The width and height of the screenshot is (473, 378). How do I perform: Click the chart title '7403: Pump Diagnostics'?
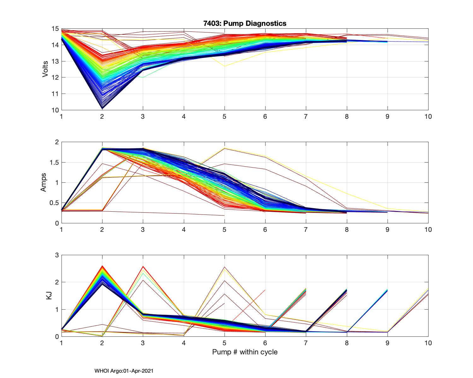[x=245, y=23]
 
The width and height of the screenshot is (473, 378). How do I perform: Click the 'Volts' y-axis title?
[x=45, y=69]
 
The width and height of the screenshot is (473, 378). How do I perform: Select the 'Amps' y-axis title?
[x=43, y=182]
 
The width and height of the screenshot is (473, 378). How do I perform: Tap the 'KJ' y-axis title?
[x=49, y=295]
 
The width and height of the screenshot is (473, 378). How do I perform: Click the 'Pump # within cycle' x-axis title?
[x=245, y=352]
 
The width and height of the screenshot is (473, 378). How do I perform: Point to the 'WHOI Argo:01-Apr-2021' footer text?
[x=124, y=371]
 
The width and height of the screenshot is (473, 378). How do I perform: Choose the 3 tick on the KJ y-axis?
[x=57, y=255]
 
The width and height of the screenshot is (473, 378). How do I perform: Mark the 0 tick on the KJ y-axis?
[x=57, y=336]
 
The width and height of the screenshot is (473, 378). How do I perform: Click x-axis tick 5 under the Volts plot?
[x=225, y=117]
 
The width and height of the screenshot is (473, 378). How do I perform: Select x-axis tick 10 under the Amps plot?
[x=428, y=230]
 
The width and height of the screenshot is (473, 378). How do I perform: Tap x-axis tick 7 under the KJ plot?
[x=306, y=343]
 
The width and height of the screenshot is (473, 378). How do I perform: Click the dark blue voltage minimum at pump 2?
[x=102, y=108]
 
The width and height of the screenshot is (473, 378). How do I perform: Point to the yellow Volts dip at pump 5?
[x=225, y=66]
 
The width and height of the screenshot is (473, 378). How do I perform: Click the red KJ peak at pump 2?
[x=102, y=266]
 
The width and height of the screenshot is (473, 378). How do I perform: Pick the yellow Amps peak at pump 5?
[x=225, y=148]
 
